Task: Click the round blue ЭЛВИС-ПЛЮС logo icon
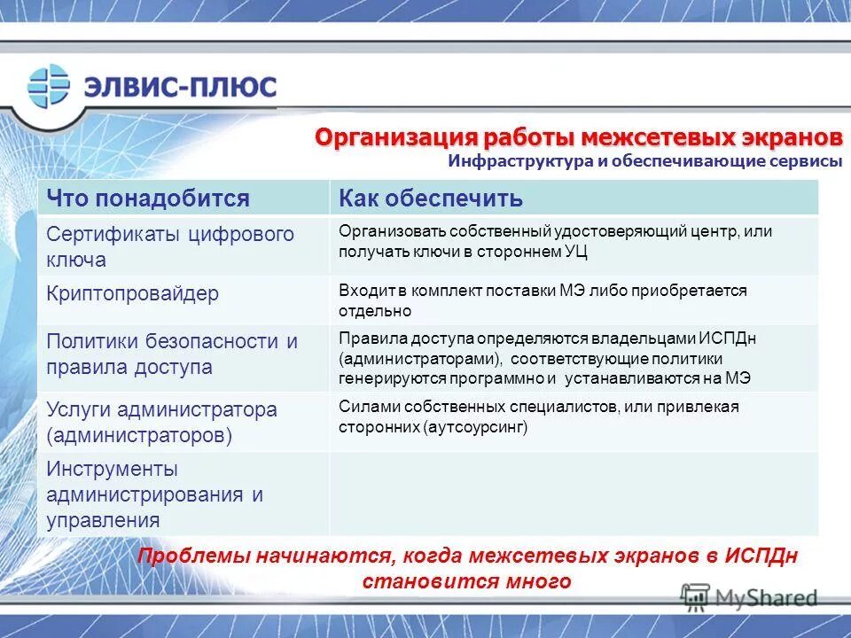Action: (x=49, y=86)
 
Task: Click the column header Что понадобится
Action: (x=148, y=198)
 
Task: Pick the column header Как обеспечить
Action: (x=431, y=198)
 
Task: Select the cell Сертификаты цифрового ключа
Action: (x=169, y=247)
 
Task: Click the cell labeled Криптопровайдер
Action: (x=132, y=293)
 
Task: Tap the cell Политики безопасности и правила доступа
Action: (x=172, y=354)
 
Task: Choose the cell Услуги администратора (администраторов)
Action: (x=161, y=422)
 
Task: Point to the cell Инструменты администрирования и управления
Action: (x=155, y=494)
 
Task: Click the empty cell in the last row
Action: (x=573, y=494)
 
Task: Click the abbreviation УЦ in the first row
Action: (x=574, y=252)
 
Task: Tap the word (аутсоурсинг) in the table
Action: (x=475, y=426)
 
